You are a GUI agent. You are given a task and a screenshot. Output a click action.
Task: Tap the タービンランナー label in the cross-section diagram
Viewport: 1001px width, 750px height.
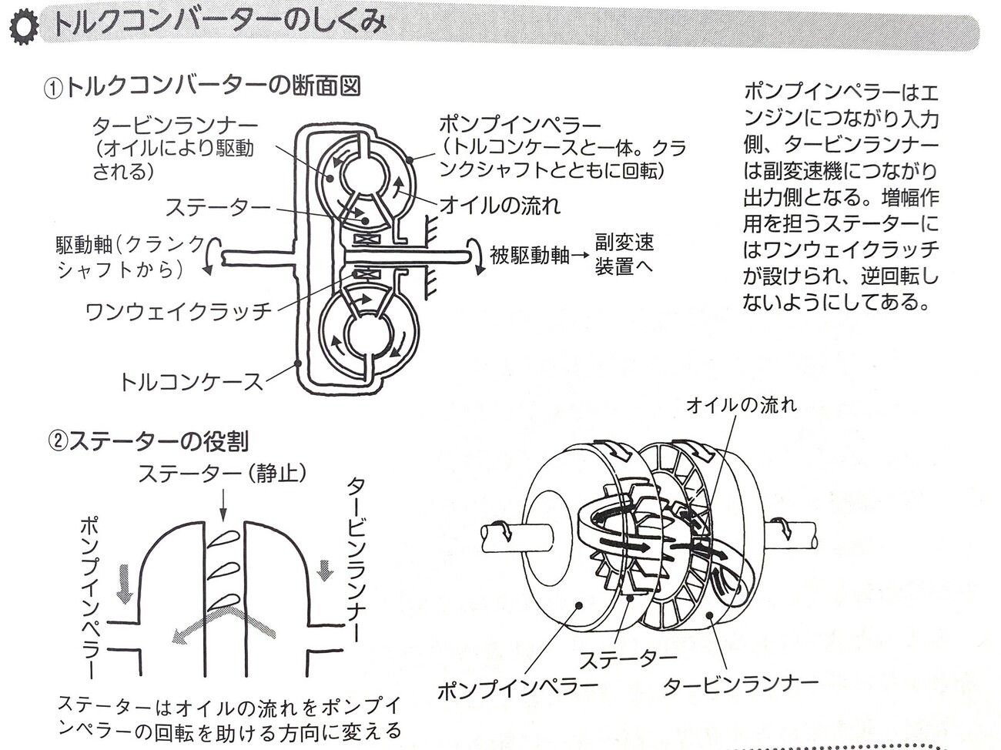point(175,126)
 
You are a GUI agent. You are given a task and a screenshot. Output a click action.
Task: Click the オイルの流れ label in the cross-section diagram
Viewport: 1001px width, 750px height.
point(500,205)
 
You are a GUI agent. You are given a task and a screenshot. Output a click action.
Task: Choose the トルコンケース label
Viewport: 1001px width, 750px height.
point(191,381)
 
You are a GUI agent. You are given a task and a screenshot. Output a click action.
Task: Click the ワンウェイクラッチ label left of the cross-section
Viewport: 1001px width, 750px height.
point(179,311)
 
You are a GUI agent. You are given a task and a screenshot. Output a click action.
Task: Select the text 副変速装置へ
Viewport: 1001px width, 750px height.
point(624,255)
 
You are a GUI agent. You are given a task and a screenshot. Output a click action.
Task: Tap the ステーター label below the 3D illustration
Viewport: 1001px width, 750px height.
point(628,659)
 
